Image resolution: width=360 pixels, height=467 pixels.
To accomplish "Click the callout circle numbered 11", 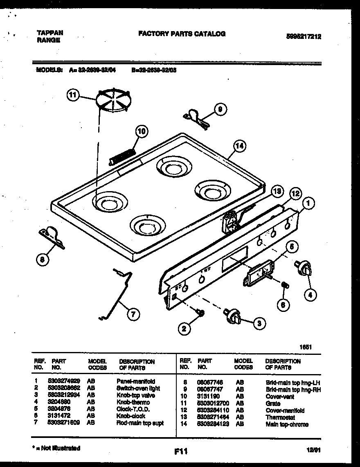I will click(x=72, y=95).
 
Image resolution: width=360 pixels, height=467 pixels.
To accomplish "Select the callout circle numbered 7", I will click(x=133, y=314).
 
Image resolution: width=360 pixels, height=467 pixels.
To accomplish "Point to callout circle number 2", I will click(x=185, y=327).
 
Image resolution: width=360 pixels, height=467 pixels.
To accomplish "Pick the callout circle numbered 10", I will click(x=141, y=131).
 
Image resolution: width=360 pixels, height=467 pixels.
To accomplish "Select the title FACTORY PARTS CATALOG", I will click(x=182, y=34).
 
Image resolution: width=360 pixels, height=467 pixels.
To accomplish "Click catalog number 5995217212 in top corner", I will click(x=304, y=36).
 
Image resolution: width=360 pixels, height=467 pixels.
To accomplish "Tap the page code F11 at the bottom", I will click(x=180, y=451).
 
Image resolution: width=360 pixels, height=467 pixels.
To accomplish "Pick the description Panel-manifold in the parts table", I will click(x=136, y=381).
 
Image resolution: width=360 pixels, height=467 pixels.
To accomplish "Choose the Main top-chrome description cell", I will click(x=287, y=424).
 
